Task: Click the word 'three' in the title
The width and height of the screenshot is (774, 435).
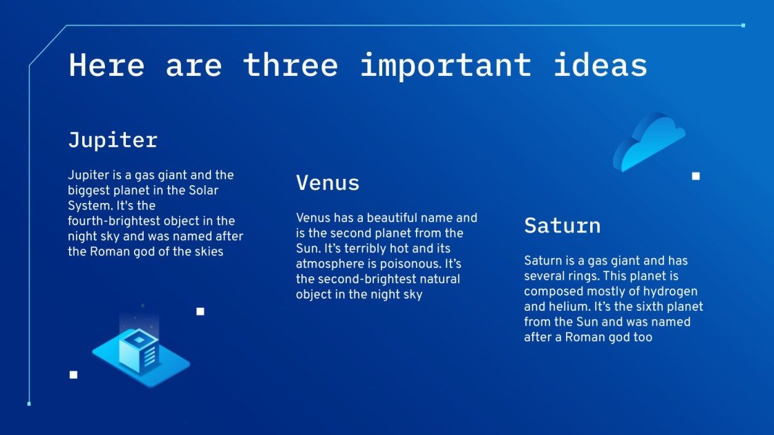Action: coord(290,65)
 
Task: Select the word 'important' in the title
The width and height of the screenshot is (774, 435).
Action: coord(445,65)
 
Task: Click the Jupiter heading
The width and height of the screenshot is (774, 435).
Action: coord(113,140)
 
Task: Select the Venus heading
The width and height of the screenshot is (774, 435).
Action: coord(328,183)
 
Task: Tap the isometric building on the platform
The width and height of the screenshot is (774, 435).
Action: coord(139,351)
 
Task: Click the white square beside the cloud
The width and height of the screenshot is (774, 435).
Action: coord(696,176)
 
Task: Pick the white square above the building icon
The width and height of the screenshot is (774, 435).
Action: coord(200,311)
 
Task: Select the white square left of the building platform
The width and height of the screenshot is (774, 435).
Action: coord(73,375)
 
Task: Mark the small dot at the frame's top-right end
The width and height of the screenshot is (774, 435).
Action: coord(743,26)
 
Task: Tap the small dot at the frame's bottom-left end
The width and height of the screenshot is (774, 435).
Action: coord(29,403)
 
